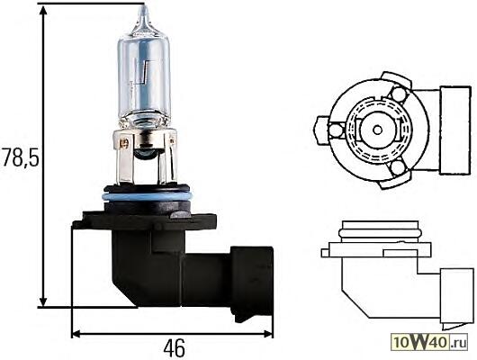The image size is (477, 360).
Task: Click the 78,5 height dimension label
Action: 20,157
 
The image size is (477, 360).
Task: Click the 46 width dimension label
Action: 174,348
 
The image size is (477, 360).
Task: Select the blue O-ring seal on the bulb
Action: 148,196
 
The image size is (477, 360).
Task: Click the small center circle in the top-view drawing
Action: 377,130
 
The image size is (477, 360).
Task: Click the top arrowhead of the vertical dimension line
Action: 43,11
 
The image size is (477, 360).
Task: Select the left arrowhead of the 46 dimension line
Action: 76,334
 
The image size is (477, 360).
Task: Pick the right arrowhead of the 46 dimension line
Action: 267,334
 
